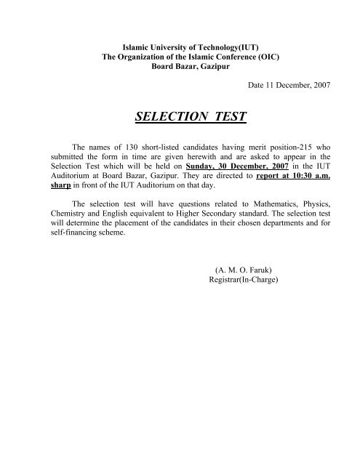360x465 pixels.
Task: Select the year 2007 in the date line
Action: click(x=319, y=86)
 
